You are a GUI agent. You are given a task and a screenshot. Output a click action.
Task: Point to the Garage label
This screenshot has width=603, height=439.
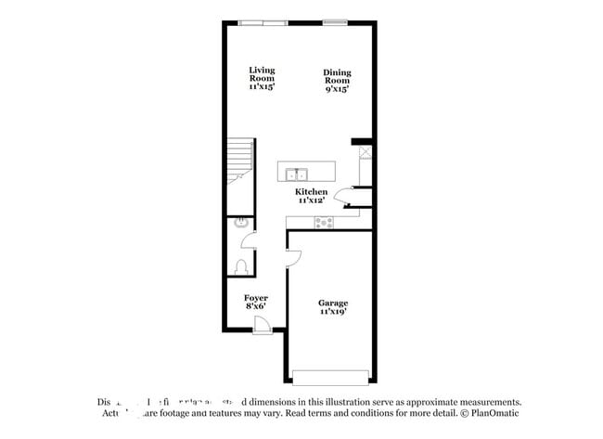[x=333, y=303]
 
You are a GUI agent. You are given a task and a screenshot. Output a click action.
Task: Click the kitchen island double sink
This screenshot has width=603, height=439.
[x=298, y=173]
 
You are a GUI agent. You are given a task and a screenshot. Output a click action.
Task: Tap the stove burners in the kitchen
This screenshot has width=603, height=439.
[x=324, y=222]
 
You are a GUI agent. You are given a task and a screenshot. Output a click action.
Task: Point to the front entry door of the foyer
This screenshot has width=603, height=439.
[x=263, y=325]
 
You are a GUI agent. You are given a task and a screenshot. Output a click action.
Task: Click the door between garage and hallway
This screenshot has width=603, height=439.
[x=292, y=257]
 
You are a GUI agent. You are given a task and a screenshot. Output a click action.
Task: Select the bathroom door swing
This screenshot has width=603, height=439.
[x=249, y=242]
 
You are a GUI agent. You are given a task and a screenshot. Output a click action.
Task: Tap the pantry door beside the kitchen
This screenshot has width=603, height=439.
[x=343, y=194]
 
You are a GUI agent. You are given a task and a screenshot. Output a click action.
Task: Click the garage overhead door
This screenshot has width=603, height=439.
[x=332, y=377]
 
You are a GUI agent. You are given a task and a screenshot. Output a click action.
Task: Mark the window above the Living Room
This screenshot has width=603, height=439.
[x=263, y=22]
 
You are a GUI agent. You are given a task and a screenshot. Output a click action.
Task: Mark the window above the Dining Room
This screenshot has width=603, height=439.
[x=335, y=22]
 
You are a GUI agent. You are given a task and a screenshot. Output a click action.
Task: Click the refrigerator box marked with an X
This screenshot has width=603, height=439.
[x=366, y=153]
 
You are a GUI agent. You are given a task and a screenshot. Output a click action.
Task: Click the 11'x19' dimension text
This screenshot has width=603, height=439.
[x=333, y=313]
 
